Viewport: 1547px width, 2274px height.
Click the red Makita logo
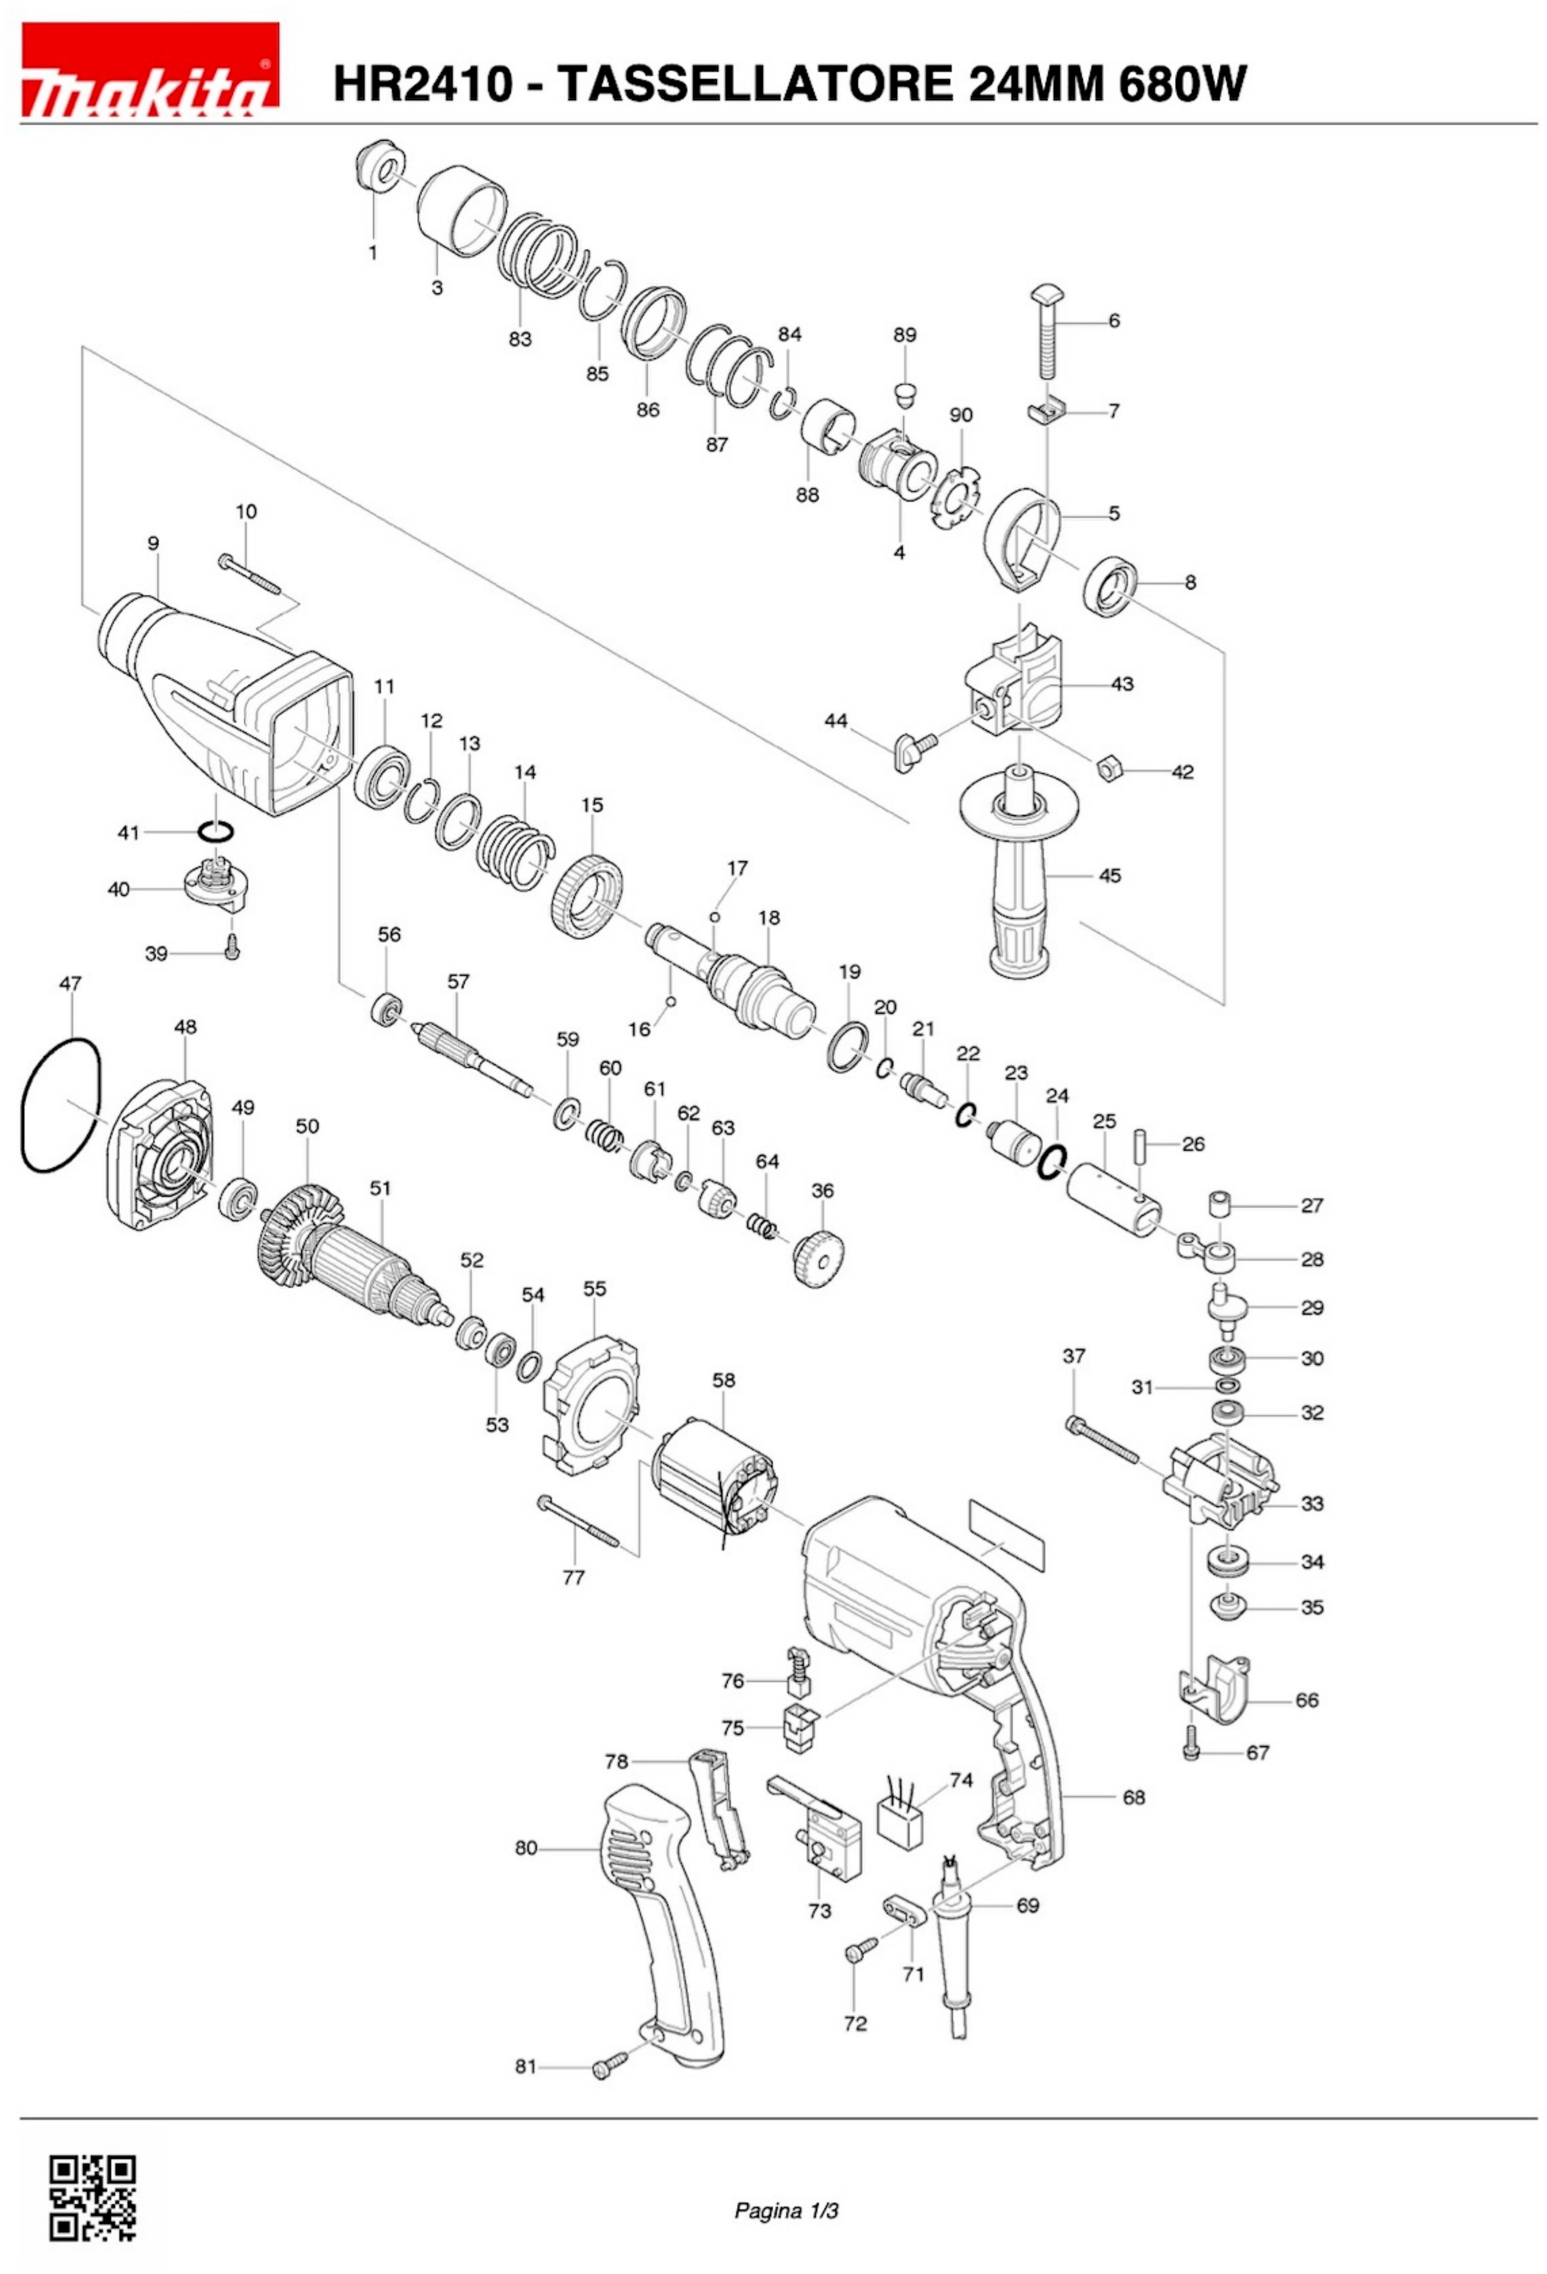(x=149, y=71)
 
